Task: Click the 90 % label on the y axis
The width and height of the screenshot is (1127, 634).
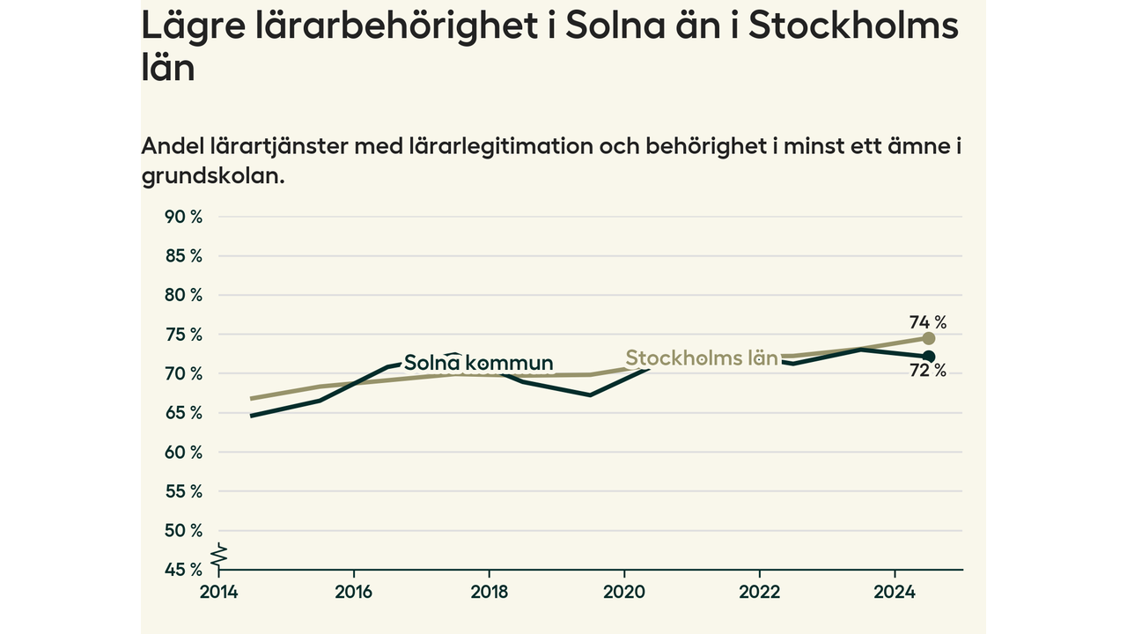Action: click(x=183, y=217)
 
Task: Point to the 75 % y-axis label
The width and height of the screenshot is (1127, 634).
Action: click(x=183, y=335)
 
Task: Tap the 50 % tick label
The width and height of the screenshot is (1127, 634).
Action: click(x=183, y=530)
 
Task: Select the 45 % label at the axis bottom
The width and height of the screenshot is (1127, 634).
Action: click(x=183, y=570)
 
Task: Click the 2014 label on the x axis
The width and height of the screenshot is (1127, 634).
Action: click(x=219, y=593)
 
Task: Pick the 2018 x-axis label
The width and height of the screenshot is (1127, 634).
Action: click(x=489, y=593)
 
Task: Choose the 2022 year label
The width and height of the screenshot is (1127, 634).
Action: click(x=759, y=593)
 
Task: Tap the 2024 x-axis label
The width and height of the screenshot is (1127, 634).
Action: click(x=895, y=593)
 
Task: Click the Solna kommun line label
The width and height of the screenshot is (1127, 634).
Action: click(x=478, y=363)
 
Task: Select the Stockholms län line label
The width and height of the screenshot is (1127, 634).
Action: click(x=702, y=358)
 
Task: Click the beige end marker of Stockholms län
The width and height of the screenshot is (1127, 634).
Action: click(x=929, y=338)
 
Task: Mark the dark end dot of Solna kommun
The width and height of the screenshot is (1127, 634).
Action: click(x=929, y=357)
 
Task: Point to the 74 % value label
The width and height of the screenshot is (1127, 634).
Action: click(x=928, y=322)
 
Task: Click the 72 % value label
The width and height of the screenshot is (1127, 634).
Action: click(x=928, y=371)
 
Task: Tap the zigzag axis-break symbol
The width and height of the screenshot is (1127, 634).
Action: click(x=219, y=555)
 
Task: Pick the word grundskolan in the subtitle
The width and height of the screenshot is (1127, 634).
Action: click(x=213, y=177)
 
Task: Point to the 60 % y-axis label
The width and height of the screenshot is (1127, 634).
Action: click(x=183, y=453)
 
